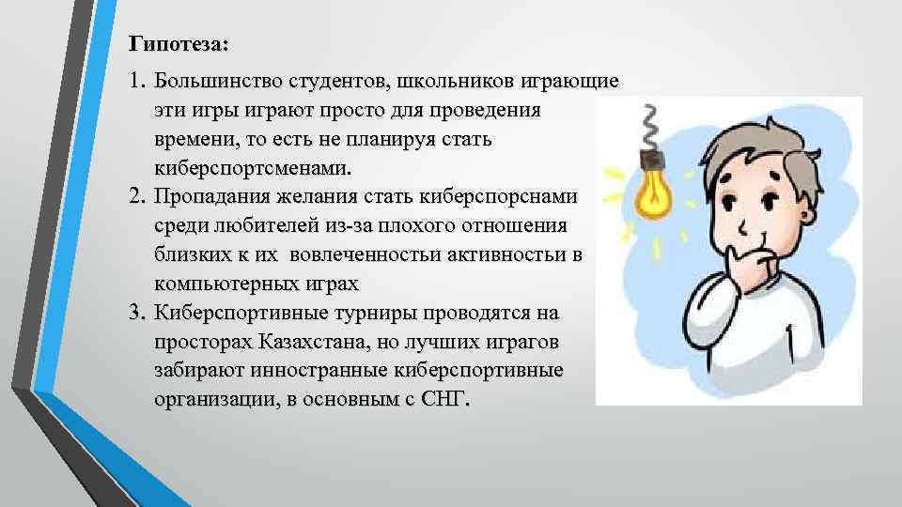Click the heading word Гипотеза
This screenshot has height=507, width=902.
pyautogui.click(x=171, y=44)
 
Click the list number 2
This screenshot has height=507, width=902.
pyautogui.click(x=137, y=197)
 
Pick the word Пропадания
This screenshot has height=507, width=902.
pyautogui.click(x=210, y=197)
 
